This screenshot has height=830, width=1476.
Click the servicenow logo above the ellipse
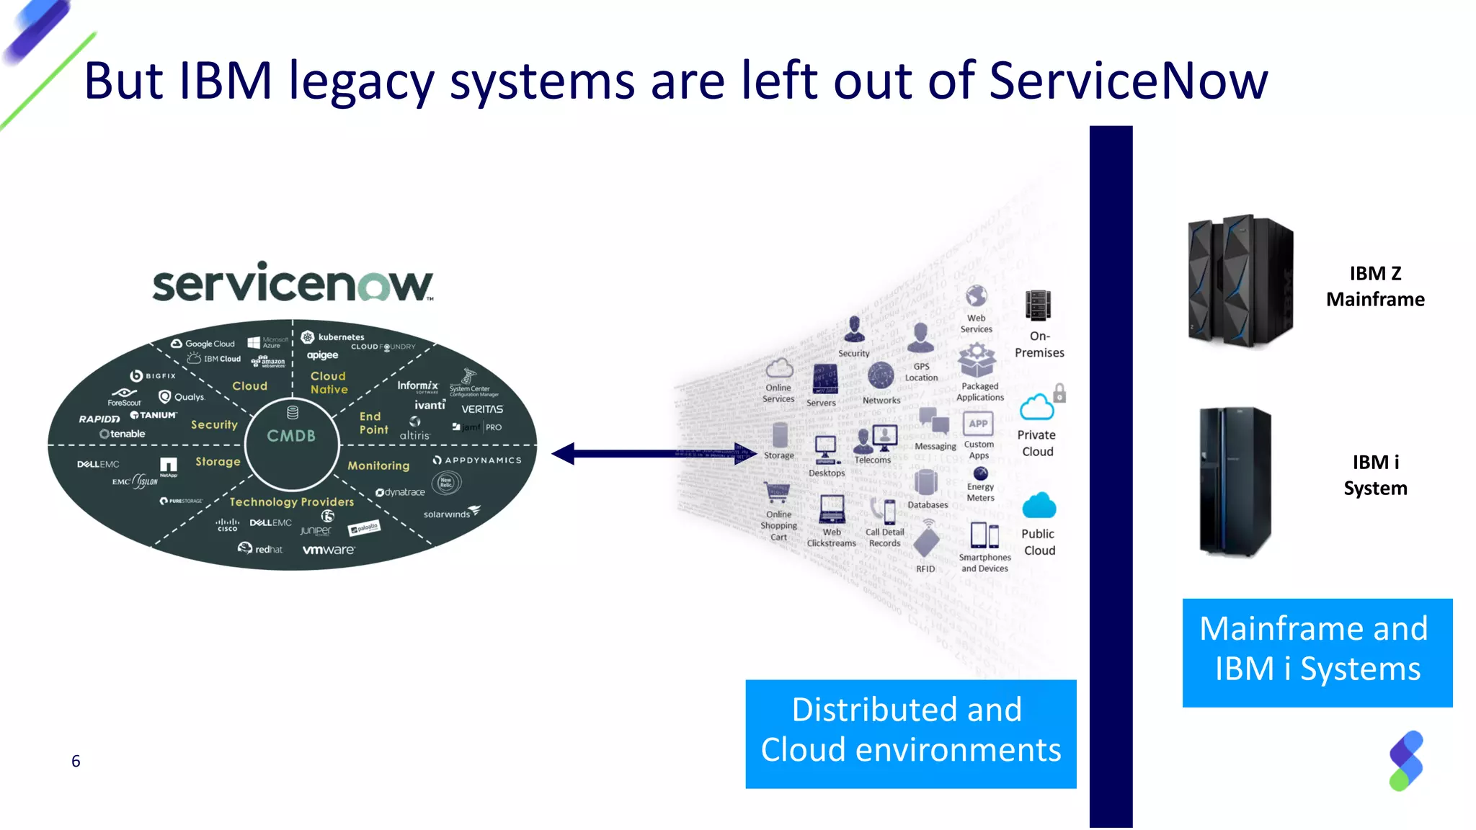(292, 282)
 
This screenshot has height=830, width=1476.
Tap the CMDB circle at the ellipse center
(292, 435)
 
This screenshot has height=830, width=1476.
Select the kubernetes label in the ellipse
(340, 337)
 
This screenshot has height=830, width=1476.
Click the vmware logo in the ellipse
(329, 550)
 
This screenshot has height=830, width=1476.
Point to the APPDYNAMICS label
(482, 460)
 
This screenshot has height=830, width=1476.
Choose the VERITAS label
(482, 409)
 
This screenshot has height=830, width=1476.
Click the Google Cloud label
(209, 344)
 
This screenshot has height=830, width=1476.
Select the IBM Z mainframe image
(1240, 281)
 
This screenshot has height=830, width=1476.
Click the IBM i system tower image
(1235, 481)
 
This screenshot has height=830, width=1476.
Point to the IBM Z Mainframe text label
(1375, 286)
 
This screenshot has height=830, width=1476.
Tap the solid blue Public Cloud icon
(1039, 507)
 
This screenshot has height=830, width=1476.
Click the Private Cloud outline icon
(1036, 408)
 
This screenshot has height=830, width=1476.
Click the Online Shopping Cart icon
(778, 494)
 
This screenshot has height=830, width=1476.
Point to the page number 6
(76, 761)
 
